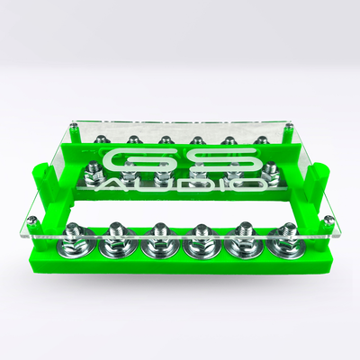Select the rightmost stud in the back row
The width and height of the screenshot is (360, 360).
(261, 139)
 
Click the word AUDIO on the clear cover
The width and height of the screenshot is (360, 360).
(180, 184)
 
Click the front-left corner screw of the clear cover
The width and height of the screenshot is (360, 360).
(33, 221)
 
